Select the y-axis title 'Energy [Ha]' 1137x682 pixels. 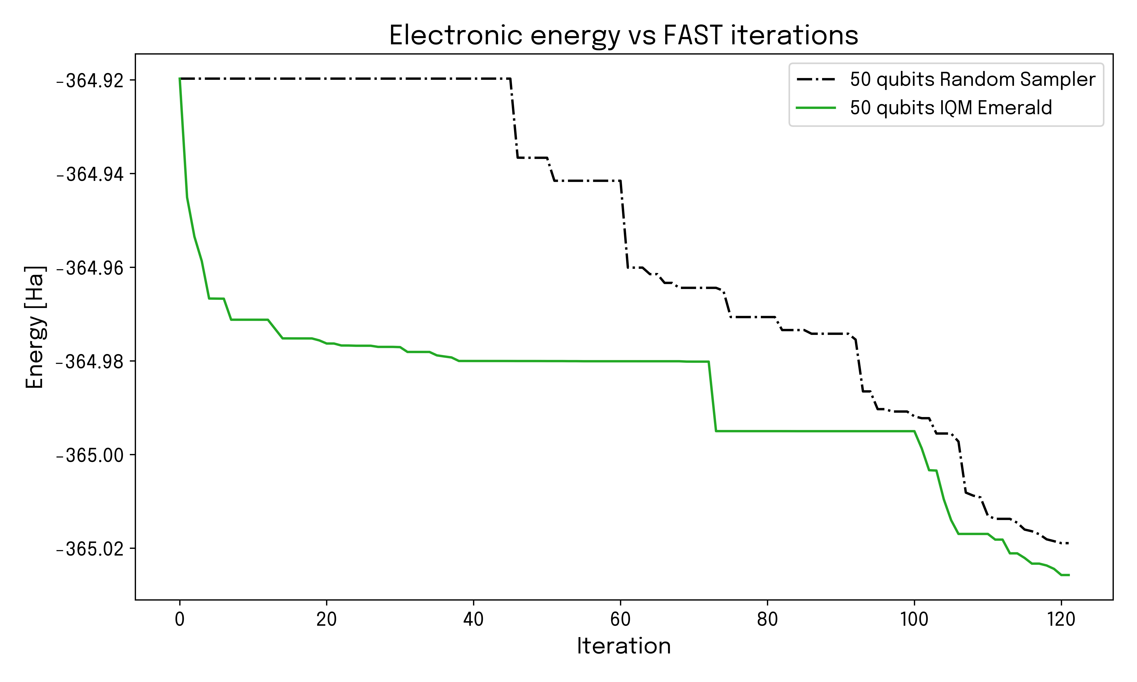click(x=35, y=327)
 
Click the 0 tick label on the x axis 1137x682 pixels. click(x=180, y=619)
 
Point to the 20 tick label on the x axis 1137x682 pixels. click(x=326, y=619)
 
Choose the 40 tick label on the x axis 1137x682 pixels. click(x=473, y=619)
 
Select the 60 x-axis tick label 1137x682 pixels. click(x=620, y=619)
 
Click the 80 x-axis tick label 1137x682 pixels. click(x=767, y=619)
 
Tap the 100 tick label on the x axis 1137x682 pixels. click(x=914, y=619)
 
